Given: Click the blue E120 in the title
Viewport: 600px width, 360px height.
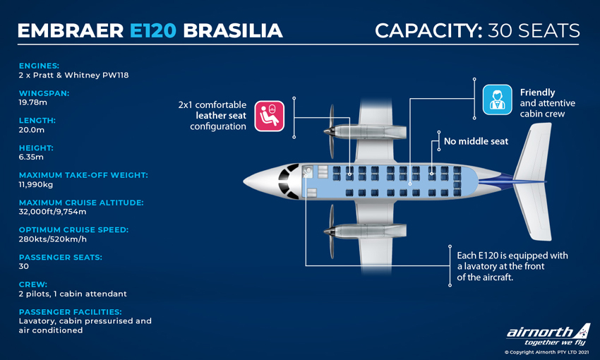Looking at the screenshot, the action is (x=153, y=30).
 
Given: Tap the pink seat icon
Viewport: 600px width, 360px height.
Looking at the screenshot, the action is (x=270, y=116).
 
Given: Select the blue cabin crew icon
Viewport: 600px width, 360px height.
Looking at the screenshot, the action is (x=497, y=100).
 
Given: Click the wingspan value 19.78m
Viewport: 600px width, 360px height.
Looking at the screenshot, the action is (x=33, y=102).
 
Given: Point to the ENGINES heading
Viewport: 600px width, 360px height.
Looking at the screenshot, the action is (x=39, y=66).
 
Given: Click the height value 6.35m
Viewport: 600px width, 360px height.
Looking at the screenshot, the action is (x=31, y=157).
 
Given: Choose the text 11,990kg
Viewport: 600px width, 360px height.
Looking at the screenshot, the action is (x=36, y=184).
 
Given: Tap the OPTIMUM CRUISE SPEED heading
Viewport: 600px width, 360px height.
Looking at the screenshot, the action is (x=73, y=230).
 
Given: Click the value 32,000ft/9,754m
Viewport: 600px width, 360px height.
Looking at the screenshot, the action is (x=52, y=212).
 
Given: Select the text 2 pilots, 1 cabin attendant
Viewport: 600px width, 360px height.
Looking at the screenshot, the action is (x=73, y=294).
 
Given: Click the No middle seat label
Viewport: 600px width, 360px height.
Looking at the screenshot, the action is (x=476, y=141).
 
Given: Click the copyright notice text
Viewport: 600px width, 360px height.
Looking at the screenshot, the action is (x=547, y=352).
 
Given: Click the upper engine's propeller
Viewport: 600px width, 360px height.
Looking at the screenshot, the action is (x=331, y=131).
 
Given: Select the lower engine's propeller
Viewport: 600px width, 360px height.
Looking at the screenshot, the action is (x=331, y=231).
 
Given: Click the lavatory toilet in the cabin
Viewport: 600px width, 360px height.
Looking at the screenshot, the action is (x=306, y=172).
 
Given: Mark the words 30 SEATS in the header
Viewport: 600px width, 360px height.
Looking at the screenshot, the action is (x=534, y=30).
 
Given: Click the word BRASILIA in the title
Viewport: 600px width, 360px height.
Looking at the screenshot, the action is (x=233, y=30).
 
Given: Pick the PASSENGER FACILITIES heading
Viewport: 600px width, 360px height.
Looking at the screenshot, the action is (x=71, y=312).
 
